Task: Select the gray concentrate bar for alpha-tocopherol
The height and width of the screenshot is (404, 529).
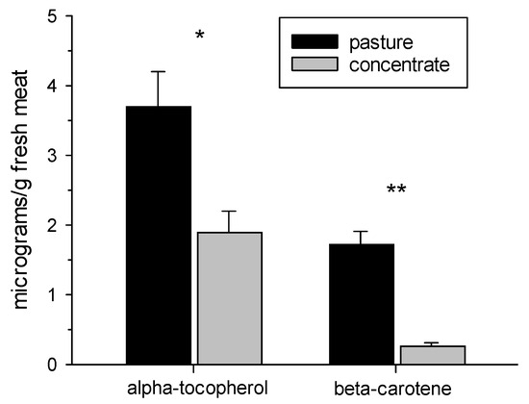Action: tap(229, 298)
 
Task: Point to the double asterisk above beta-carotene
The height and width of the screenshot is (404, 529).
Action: tap(396, 190)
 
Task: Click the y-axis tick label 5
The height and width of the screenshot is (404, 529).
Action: tap(63, 17)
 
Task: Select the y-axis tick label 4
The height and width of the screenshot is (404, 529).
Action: tap(63, 87)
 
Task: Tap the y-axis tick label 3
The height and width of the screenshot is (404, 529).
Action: tap(63, 156)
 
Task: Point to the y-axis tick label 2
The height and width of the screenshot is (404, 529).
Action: tap(63, 225)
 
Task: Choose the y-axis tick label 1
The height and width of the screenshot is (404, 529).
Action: tap(63, 294)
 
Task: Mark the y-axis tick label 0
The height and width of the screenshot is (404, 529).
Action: tap(63, 364)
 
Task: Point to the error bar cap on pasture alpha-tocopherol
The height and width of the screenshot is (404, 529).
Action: tap(159, 71)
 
